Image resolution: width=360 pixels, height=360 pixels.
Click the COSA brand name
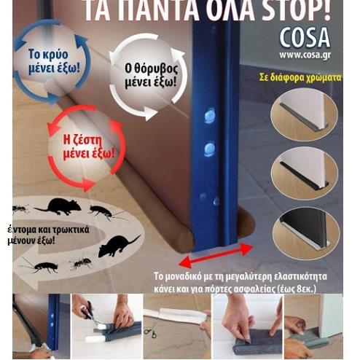tap(305, 38)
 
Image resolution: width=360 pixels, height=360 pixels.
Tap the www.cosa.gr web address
tap(305, 55)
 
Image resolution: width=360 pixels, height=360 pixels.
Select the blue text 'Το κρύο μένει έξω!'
tap(54, 61)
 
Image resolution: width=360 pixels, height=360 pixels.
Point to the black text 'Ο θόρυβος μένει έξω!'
tap(151, 76)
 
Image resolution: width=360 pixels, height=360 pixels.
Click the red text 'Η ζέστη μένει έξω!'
tap(88, 146)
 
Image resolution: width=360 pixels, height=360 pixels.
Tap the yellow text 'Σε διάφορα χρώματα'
tap(300, 77)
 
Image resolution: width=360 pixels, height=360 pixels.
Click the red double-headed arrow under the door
tap(216, 256)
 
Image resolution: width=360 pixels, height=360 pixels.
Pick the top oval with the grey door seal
tap(304, 114)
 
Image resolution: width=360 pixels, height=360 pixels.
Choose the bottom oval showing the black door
tap(305, 232)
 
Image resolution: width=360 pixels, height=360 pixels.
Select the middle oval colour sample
tap(305, 173)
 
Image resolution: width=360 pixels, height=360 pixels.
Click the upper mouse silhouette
tap(58, 206)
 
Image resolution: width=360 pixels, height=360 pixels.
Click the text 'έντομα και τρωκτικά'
tap(49, 230)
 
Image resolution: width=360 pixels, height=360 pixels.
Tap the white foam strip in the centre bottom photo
tap(176, 315)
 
